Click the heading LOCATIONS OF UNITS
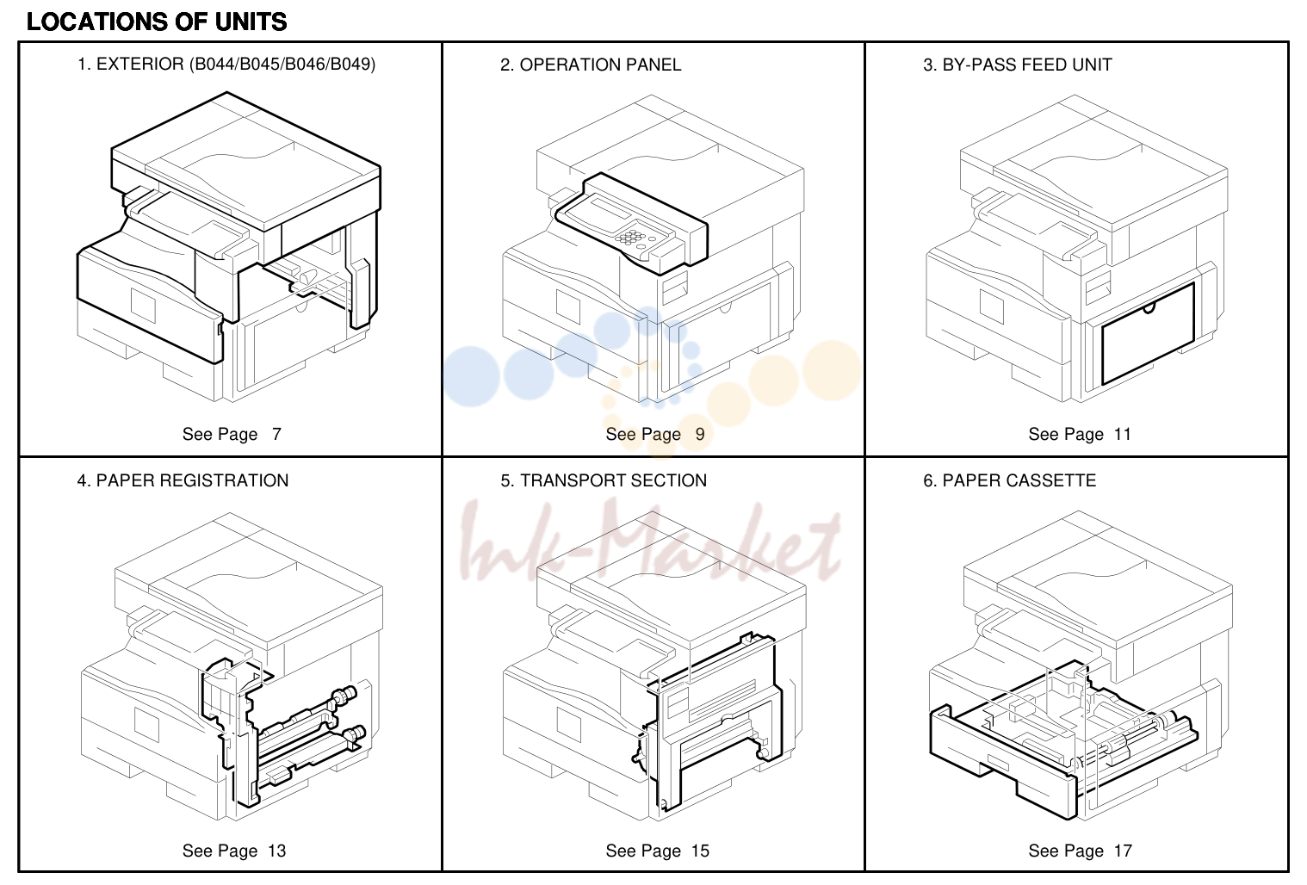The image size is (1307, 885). (157, 22)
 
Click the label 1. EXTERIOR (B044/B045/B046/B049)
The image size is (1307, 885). (226, 65)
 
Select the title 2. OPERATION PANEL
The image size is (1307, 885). (591, 65)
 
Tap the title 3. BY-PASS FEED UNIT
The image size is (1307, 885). (1018, 65)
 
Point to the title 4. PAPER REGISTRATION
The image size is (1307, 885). (183, 480)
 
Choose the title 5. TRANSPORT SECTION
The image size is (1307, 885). (604, 480)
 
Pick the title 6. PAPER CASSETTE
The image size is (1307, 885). (1009, 480)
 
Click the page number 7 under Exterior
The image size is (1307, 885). (276, 435)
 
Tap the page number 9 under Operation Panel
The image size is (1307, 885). (700, 435)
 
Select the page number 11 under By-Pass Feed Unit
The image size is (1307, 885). (1123, 435)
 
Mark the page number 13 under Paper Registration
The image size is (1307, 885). (277, 851)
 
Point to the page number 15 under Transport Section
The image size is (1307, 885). (700, 851)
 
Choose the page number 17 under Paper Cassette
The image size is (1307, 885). (1124, 851)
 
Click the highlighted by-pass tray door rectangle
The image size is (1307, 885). (1148, 335)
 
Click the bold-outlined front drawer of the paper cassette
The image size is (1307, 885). (1002, 764)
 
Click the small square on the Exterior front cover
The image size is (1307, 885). (144, 305)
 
